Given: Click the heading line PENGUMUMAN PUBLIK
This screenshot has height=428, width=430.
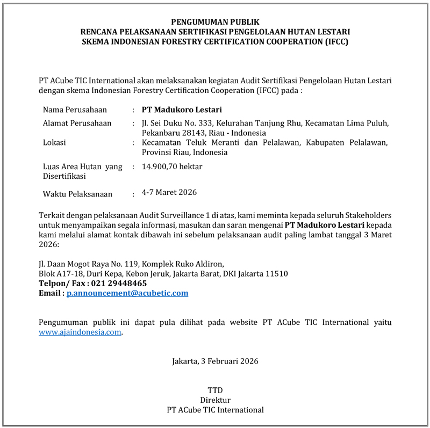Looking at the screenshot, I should click(215, 22).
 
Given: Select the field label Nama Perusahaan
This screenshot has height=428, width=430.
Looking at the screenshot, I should click(75, 110).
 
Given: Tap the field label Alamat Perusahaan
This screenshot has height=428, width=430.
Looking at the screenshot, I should click(77, 123).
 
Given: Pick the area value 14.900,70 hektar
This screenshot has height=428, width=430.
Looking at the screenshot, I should click(172, 166).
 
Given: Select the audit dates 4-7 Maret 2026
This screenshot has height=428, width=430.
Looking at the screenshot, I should click(169, 192).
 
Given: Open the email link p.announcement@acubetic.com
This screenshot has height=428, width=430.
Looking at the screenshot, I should click(127, 293).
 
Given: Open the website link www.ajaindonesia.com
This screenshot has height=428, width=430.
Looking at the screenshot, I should click(80, 332).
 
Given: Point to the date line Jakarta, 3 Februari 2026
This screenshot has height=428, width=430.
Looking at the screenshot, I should click(215, 361).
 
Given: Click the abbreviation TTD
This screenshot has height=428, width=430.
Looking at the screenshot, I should click(215, 390).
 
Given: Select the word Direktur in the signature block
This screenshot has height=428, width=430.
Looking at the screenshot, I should click(215, 400).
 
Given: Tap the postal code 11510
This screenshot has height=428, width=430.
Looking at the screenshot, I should click(276, 273).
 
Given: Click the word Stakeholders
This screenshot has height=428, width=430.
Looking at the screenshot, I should click(366, 215).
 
